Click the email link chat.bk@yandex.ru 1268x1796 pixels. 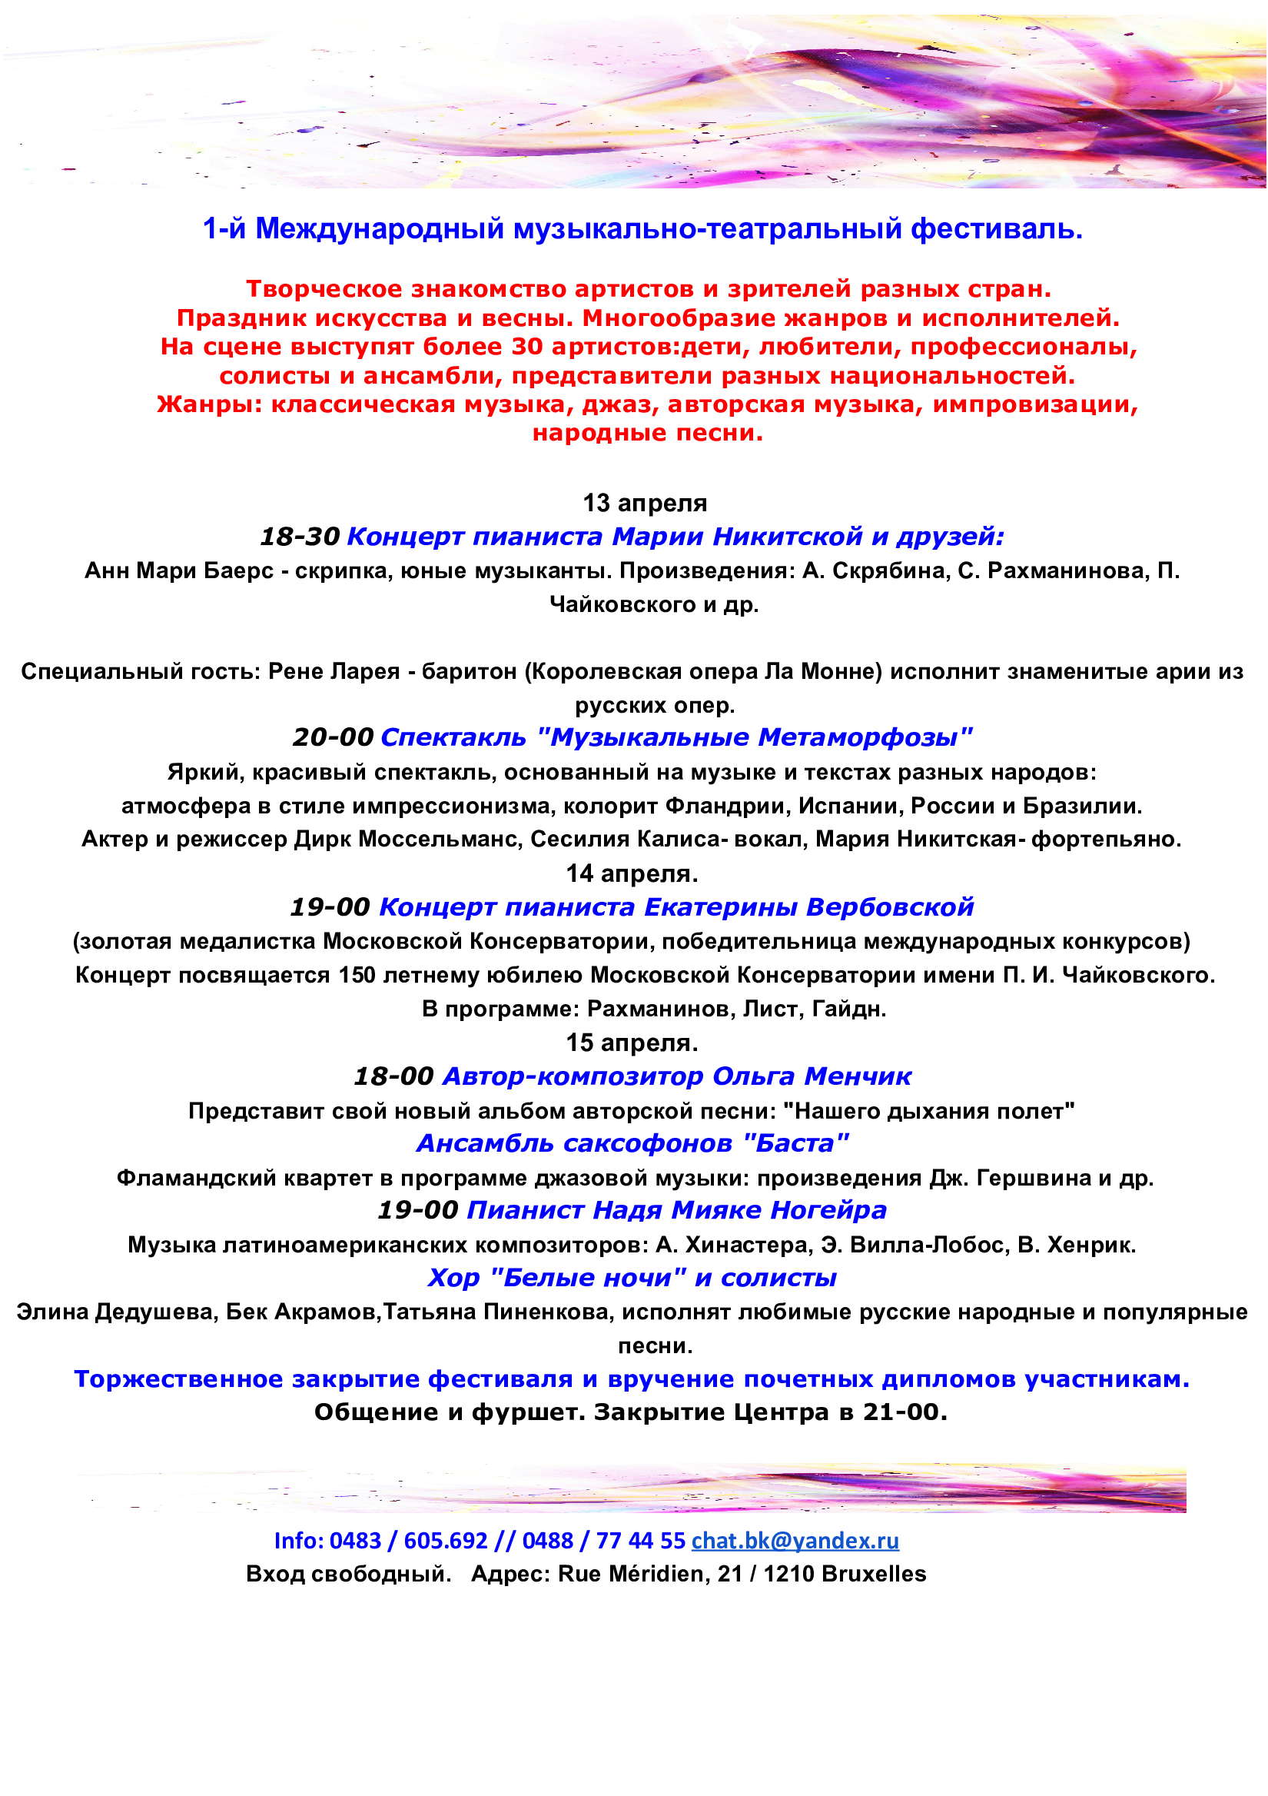coord(795,1540)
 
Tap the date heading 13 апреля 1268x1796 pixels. coord(644,503)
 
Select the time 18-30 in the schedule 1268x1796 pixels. coord(300,537)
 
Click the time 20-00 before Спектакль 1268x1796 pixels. coord(333,737)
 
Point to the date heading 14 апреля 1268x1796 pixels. coord(632,873)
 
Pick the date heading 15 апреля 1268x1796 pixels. coord(632,1043)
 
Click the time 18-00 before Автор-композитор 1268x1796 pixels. coord(393,1076)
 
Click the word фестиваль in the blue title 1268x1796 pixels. coord(997,228)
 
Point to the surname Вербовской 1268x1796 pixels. coord(890,906)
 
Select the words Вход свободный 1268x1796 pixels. coord(348,1573)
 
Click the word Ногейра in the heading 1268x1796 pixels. coord(828,1210)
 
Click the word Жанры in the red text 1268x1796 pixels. coord(209,404)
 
